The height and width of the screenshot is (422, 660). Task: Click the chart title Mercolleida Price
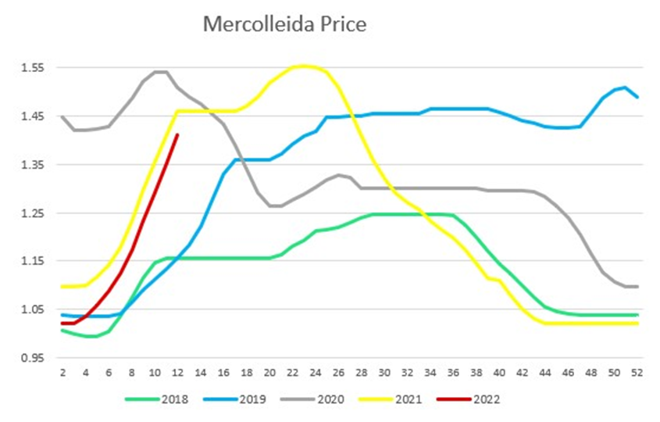point(284,24)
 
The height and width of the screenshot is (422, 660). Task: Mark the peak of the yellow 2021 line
point(303,66)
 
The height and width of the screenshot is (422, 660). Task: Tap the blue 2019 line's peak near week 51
point(626,88)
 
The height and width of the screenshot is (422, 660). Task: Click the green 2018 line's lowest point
point(91,336)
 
